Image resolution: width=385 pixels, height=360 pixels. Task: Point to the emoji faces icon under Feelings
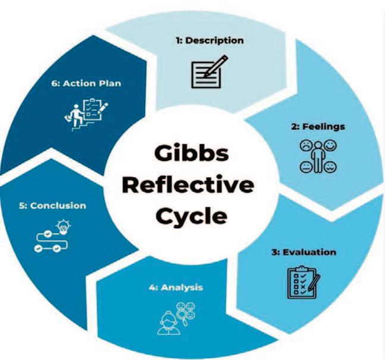pos(315,157)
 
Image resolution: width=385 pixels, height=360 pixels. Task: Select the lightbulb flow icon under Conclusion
pos(51,236)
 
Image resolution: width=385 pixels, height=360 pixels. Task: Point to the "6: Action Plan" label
pos(86,83)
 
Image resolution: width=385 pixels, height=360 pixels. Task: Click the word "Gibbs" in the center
pos(191,154)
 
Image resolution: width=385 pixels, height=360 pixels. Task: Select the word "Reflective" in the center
pos(192,184)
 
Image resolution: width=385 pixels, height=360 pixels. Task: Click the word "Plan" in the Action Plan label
pos(110,83)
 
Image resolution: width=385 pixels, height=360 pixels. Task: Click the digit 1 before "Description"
pos(179,40)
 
